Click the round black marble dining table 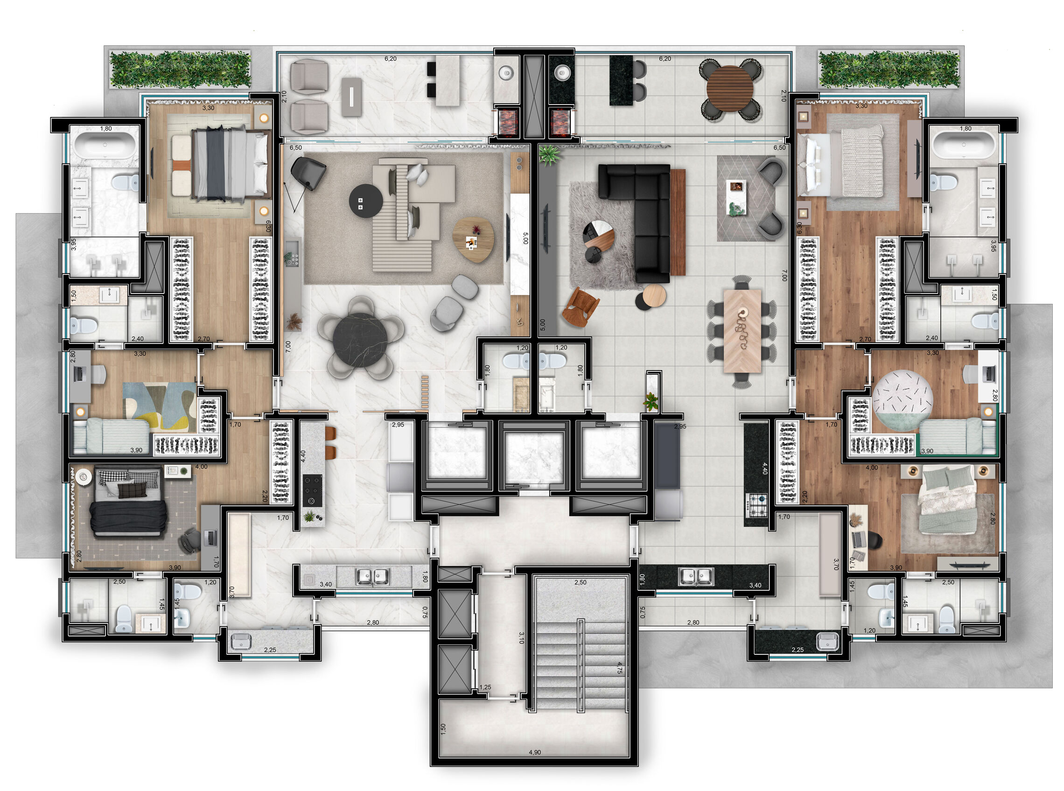tap(360, 340)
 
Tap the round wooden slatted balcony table tap(729, 88)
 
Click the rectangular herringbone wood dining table tap(742, 330)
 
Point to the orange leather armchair tap(581, 307)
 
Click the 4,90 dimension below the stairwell tap(534, 752)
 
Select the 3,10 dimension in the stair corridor tap(521, 638)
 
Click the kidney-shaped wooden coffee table tap(473, 239)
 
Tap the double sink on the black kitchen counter tap(696, 575)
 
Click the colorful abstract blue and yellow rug tap(160, 406)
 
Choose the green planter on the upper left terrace tap(180, 70)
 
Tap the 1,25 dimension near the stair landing tap(485, 687)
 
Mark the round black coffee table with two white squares tap(366, 201)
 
